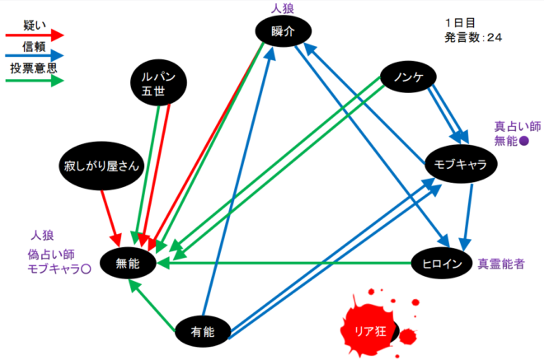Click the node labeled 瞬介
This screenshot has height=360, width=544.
[x=283, y=31]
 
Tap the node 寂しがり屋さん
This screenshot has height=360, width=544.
[x=104, y=166]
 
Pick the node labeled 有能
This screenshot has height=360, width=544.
[x=202, y=332]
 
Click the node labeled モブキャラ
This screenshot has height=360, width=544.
[x=460, y=164]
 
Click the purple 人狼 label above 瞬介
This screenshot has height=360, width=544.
[x=283, y=8]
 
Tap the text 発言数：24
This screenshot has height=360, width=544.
[x=474, y=38]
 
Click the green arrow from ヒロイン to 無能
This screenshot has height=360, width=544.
[x=288, y=264]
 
